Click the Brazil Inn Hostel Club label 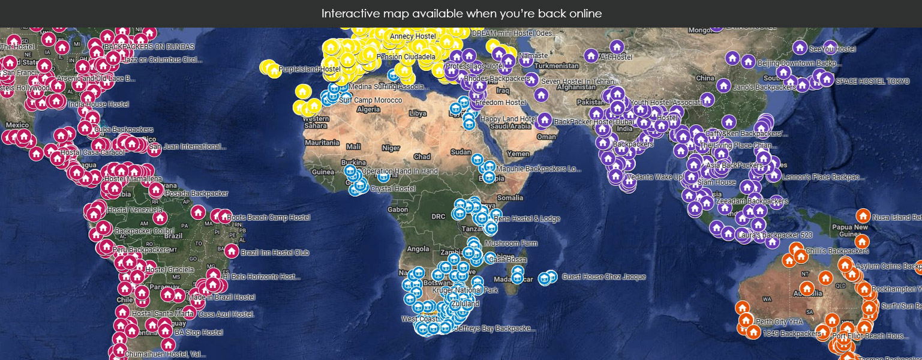click(275, 253)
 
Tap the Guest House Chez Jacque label click(603, 277)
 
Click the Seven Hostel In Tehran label click(577, 82)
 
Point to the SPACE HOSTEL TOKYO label click(872, 82)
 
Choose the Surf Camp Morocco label click(370, 100)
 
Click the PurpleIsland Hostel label click(310, 70)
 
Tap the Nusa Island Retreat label click(897, 217)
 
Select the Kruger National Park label click(465, 290)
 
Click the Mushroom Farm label click(510, 244)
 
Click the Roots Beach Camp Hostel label click(268, 217)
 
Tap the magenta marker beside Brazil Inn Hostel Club click(232, 251)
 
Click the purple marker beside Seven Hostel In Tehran click(531, 79)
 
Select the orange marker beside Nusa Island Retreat click(863, 215)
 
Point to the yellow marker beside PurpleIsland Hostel click(274, 70)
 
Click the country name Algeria click(368, 110)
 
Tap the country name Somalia click(510, 197)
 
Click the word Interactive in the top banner click(346, 13)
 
